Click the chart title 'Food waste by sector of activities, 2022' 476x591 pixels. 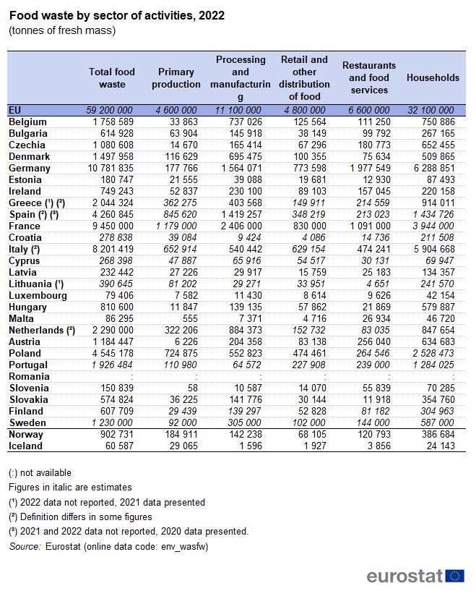tap(116, 15)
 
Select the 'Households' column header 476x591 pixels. tap(433, 77)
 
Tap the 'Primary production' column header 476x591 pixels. tap(176, 77)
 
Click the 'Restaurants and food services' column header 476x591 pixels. tap(368, 77)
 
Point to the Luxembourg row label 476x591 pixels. tap(38, 295)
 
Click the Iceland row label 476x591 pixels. tap(26, 446)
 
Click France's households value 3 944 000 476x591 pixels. tap(432, 226)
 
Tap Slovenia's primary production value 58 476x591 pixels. tap(193, 388)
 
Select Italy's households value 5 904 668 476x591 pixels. tap(432, 249)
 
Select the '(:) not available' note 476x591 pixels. tap(40, 472)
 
